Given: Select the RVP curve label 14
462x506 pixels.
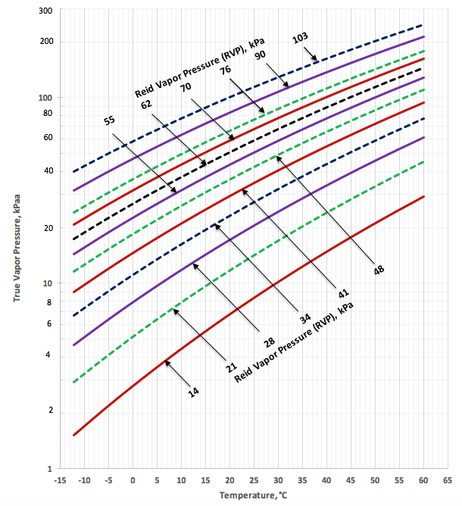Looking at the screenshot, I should [193, 391].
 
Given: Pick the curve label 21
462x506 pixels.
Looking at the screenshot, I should [232, 368].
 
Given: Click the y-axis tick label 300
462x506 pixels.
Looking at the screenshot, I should [45, 11].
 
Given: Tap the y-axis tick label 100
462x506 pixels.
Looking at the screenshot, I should [45, 98].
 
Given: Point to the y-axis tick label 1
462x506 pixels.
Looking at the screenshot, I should [49, 469].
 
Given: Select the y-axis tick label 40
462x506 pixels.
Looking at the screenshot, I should [47, 171].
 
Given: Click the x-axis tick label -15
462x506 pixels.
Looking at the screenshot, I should [60, 480].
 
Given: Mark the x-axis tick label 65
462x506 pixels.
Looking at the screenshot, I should [448, 480].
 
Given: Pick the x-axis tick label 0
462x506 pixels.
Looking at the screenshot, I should [133, 480].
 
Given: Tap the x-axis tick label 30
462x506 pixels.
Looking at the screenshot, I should [278, 480].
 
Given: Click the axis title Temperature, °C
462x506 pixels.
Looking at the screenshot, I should [254, 495].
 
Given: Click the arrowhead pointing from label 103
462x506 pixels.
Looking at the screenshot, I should [314, 58].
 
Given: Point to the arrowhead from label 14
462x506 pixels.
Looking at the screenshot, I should [167, 363].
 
